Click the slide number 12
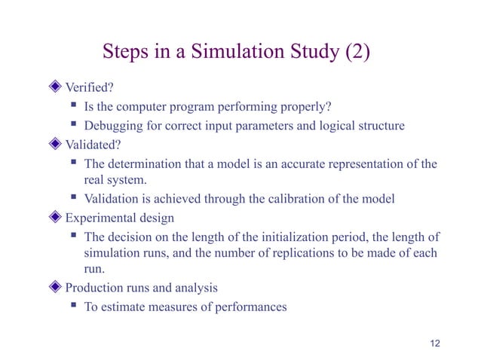point(433,343)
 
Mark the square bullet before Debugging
point(74,125)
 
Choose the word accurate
point(291,164)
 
